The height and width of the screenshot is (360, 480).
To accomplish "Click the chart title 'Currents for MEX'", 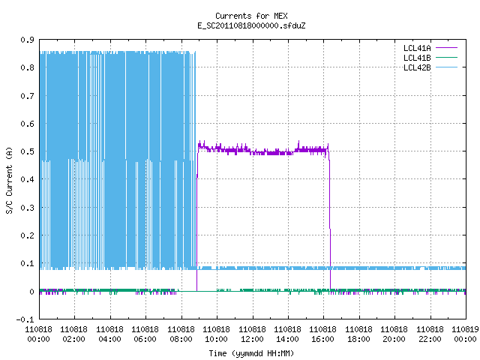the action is tap(251, 16).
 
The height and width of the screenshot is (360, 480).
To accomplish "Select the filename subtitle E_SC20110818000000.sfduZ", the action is tap(251, 25).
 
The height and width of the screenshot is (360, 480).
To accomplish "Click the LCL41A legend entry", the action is tap(430, 48).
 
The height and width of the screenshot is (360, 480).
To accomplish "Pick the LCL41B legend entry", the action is tap(430, 58).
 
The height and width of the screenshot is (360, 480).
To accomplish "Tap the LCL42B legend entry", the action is tap(430, 67).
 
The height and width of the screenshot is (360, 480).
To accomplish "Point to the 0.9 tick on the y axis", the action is tap(27, 40).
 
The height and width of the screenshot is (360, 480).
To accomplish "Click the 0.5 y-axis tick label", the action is tap(27, 151).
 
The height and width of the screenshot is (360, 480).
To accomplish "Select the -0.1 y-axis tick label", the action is tap(25, 319).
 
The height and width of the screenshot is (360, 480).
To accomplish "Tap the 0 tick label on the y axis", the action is tap(31, 292).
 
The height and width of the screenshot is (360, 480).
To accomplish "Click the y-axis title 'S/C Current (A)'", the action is tap(9, 180).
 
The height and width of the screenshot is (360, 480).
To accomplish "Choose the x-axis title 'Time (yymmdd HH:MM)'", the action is tap(251, 353).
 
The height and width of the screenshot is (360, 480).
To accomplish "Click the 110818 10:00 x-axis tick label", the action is tap(217, 334).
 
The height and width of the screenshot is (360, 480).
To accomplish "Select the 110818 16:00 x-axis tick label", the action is tap(323, 334).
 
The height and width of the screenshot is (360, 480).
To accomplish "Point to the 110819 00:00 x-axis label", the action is tap(465, 334).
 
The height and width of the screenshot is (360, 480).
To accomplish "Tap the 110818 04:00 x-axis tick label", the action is tap(110, 334).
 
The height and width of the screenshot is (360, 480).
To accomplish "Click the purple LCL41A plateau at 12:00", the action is tap(253, 152).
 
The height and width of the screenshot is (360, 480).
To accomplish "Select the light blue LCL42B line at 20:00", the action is tap(394, 268).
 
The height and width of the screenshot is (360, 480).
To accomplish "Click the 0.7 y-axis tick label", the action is tap(27, 96).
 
